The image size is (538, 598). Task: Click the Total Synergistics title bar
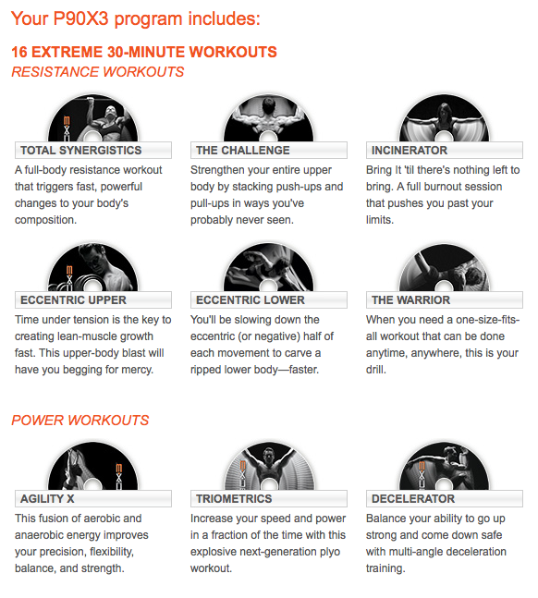(x=93, y=151)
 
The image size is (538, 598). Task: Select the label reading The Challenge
(x=269, y=151)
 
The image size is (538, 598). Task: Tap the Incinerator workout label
(x=444, y=151)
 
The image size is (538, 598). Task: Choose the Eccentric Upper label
(x=93, y=300)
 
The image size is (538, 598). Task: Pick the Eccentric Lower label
(x=269, y=300)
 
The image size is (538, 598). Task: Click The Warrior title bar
(x=444, y=300)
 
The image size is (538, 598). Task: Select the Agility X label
(x=93, y=499)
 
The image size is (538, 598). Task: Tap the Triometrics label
(x=269, y=499)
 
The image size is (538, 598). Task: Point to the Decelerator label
(x=444, y=499)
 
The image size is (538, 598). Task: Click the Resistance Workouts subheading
(x=98, y=72)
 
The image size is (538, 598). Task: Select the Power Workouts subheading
(x=80, y=421)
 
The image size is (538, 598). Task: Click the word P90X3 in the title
(x=81, y=19)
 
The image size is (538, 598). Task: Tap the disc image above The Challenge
(x=269, y=118)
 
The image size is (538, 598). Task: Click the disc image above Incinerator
(x=444, y=118)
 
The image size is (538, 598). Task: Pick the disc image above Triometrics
(x=269, y=467)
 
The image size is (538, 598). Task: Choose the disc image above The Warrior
(x=444, y=268)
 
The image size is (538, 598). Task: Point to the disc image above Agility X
(x=93, y=467)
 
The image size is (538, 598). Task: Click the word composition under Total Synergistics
(x=45, y=220)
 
